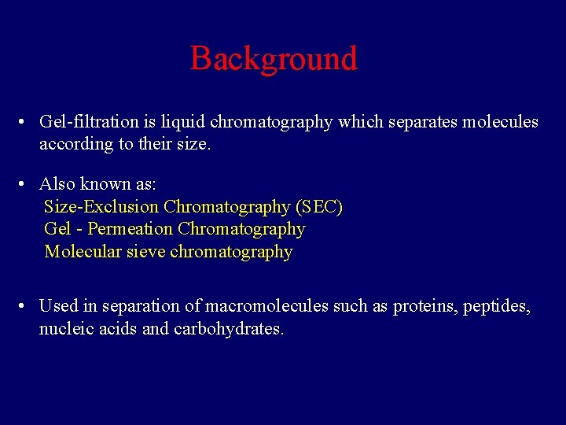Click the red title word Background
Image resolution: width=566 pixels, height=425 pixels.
[274, 59]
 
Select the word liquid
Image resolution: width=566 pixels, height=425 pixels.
[182, 122]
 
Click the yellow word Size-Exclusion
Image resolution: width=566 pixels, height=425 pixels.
[101, 207]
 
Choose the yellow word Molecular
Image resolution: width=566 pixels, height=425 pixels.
[83, 252]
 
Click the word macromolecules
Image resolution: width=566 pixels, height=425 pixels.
[270, 306]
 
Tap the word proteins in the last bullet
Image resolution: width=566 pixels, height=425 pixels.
[424, 306]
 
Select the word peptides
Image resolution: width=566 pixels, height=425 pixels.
[495, 306]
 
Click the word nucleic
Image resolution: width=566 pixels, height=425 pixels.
[67, 329]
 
